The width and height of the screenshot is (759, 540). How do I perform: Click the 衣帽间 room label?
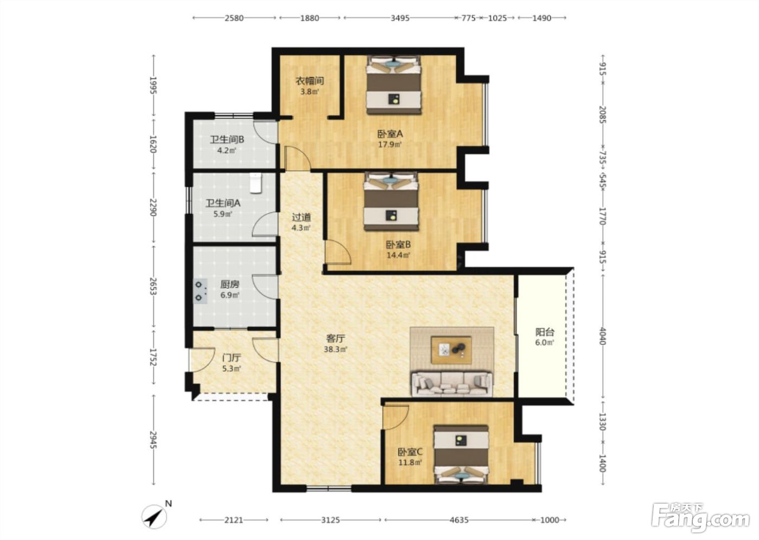click(310, 81)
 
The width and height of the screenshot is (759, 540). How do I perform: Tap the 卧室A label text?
click(390, 134)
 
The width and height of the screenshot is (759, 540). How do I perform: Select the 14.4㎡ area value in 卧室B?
click(398, 255)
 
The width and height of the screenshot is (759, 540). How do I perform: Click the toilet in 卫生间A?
click(256, 183)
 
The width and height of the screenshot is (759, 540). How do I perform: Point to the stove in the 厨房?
click(200, 291)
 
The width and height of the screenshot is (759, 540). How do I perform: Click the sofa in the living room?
click(452, 384)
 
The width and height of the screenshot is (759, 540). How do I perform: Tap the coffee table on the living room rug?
click(451, 350)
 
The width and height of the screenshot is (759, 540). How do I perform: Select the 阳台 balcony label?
click(545, 332)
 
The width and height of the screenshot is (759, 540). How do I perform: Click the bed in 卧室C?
click(461, 454)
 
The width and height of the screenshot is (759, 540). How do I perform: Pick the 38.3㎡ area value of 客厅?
click(336, 349)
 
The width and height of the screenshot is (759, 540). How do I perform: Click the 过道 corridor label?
click(301, 217)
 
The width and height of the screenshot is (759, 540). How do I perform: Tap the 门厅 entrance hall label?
click(232, 358)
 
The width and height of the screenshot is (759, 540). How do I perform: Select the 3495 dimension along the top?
click(400, 18)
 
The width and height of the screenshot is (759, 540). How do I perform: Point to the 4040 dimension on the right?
click(602, 336)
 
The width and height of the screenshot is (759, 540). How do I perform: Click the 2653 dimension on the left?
click(153, 287)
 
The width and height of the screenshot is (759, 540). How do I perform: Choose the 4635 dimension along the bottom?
click(459, 519)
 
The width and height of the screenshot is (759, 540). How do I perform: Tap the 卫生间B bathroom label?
click(227, 139)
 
